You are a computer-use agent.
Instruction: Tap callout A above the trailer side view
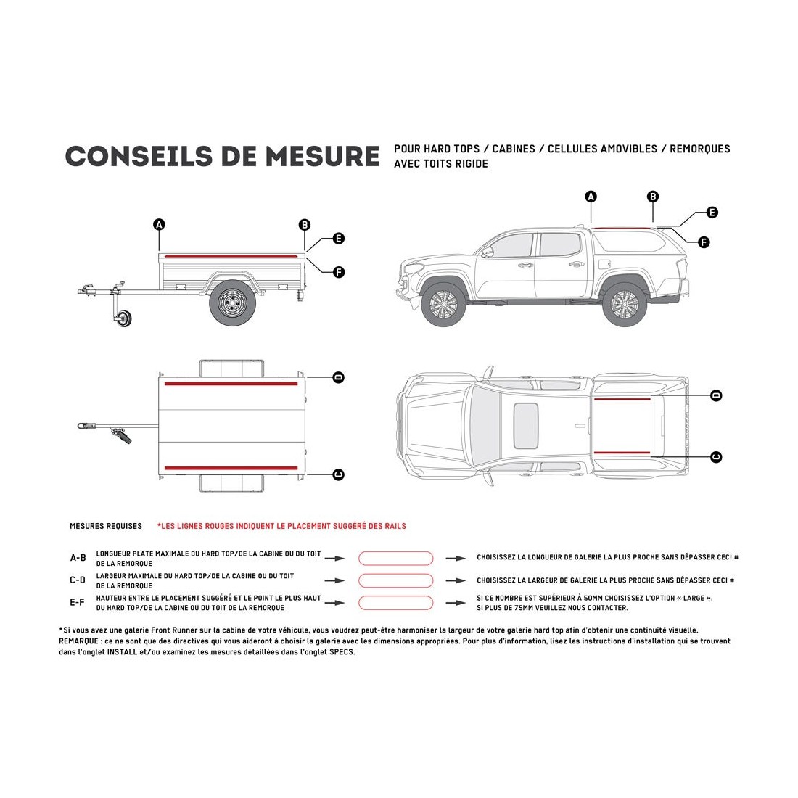159,224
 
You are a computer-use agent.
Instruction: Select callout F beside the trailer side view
338,272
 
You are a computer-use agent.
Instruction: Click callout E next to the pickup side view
712,213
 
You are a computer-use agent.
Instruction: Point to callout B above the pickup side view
653,197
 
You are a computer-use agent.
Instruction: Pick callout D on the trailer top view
337,377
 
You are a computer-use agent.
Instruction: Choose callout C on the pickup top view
716,456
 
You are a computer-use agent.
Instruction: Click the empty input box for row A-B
396,558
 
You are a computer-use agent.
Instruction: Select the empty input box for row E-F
396,603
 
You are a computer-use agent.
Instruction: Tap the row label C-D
78,580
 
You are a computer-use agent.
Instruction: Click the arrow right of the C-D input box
456,580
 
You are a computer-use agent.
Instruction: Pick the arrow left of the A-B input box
334,558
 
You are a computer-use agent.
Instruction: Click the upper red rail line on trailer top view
231,383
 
